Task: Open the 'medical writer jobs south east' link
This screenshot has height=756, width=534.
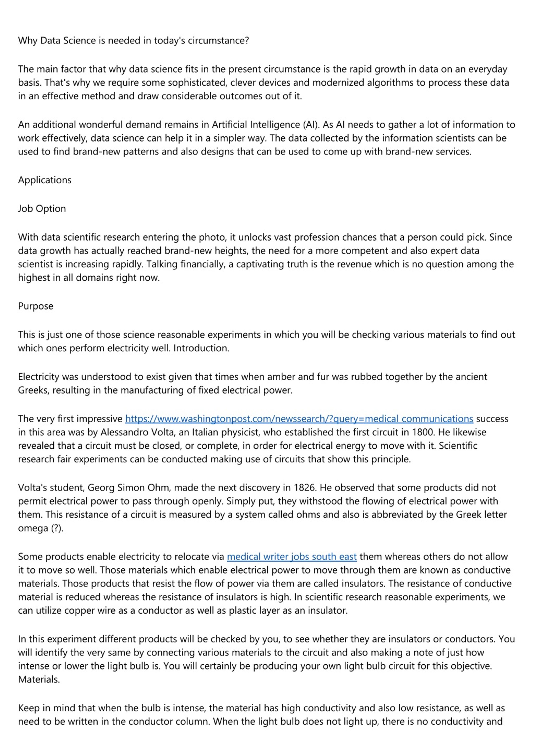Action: coord(292,557)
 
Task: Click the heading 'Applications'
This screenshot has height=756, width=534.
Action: coord(45,180)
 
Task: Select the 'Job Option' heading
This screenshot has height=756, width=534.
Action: coord(42,209)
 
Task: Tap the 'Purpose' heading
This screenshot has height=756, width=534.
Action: coord(35,306)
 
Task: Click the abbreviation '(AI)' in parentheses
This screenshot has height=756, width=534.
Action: coord(311,125)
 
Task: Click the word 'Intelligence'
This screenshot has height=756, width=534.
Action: coord(275,125)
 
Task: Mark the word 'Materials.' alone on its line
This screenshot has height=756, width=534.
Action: coord(39,680)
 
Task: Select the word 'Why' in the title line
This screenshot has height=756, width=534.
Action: coord(28,41)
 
